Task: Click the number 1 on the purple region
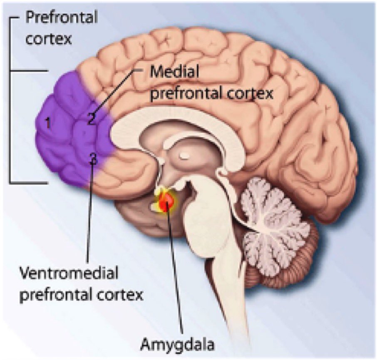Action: click(x=48, y=123)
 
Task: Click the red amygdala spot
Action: click(x=166, y=202)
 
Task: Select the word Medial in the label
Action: click(x=174, y=72)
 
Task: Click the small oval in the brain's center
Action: click(x=184, y=155)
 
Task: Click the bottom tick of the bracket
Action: click(x=29, y=182)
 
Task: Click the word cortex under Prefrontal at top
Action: click(x=49, y=39)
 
